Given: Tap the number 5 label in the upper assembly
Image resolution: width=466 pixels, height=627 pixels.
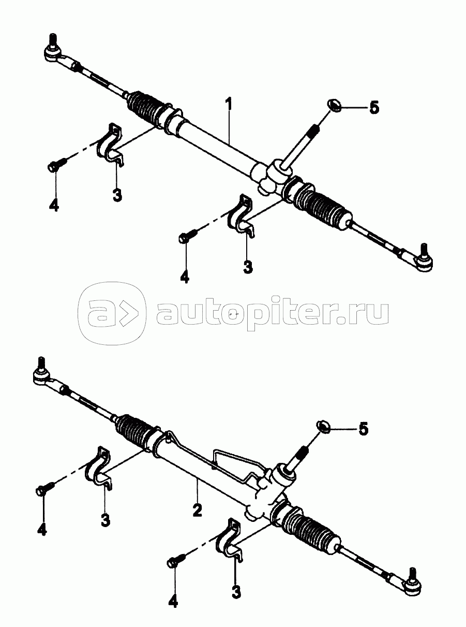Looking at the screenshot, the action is pyautogui.click(x=374, y=108).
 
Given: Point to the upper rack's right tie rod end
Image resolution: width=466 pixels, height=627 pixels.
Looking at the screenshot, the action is pyautogui.click(x=422, y=259).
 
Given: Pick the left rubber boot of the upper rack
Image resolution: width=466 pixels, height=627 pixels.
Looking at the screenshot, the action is pyautogui.click(x=146, y=107).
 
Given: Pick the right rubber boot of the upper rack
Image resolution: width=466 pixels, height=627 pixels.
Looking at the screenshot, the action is pyautogui.click(x=322, y=207).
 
